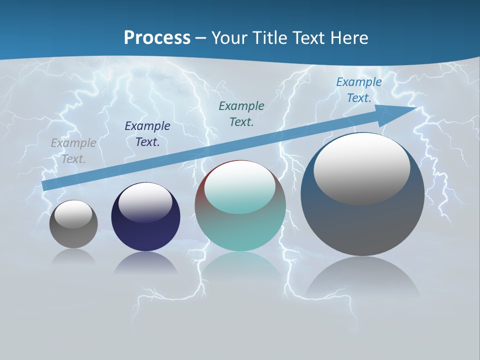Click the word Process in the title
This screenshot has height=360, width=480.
pos(157,37)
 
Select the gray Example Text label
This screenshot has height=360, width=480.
pos(73,151)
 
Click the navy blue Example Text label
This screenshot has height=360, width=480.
pos(147,134)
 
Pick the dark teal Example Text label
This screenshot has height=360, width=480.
pos(241,113)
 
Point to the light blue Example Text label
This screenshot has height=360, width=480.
pos(359,90)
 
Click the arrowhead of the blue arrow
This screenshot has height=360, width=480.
pos(400,113)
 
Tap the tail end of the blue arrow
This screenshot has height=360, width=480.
pos(46,185)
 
